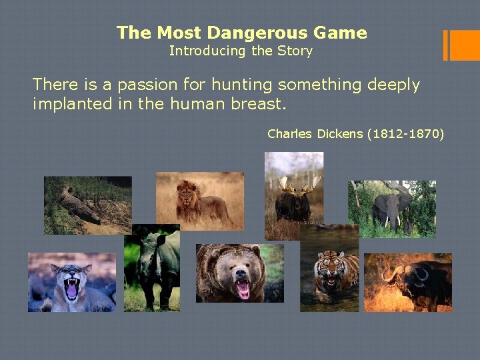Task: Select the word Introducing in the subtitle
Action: [199, 51]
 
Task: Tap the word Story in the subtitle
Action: [296, 51]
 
